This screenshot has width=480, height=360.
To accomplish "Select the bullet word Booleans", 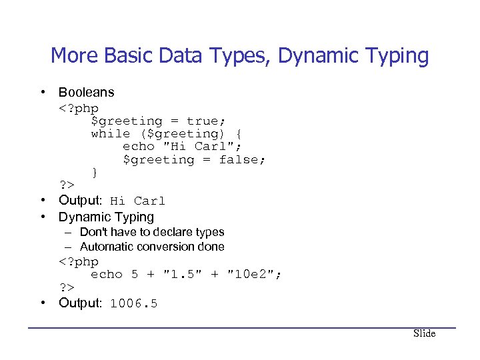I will tap(86, 92).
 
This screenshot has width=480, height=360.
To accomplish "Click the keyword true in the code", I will tap(206, 121).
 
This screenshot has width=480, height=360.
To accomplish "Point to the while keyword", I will tap(111, 133).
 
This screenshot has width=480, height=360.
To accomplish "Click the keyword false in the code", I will tap(243, 159).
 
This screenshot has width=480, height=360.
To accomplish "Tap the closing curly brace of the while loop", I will tap(95, 172).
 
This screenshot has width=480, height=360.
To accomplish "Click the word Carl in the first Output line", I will tap(149, 201).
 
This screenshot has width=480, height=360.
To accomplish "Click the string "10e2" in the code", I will tap(255, 274).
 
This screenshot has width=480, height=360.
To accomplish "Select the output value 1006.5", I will tap(133, 303).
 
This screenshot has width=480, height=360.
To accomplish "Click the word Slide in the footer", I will tap(424, 333).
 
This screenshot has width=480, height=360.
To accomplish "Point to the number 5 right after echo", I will tap(135, 274).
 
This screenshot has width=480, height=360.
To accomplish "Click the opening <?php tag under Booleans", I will tap(79, 108).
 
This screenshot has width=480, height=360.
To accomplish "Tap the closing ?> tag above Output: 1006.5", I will tap(66, 287).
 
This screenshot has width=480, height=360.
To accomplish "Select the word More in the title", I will tap(69, 56).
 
